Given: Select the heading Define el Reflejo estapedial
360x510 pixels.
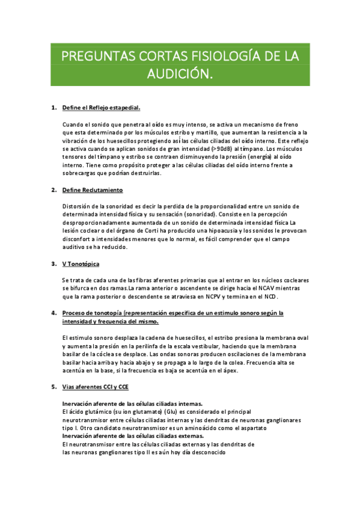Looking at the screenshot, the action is [x=101, y=108].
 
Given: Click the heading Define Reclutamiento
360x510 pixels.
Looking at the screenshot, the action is [x=93, y=190].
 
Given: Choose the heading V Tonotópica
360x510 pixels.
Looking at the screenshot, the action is [x=81, y=264].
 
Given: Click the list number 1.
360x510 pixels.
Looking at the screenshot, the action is [x=53, y=108].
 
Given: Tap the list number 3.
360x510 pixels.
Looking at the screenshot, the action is [x=53, y=264].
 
